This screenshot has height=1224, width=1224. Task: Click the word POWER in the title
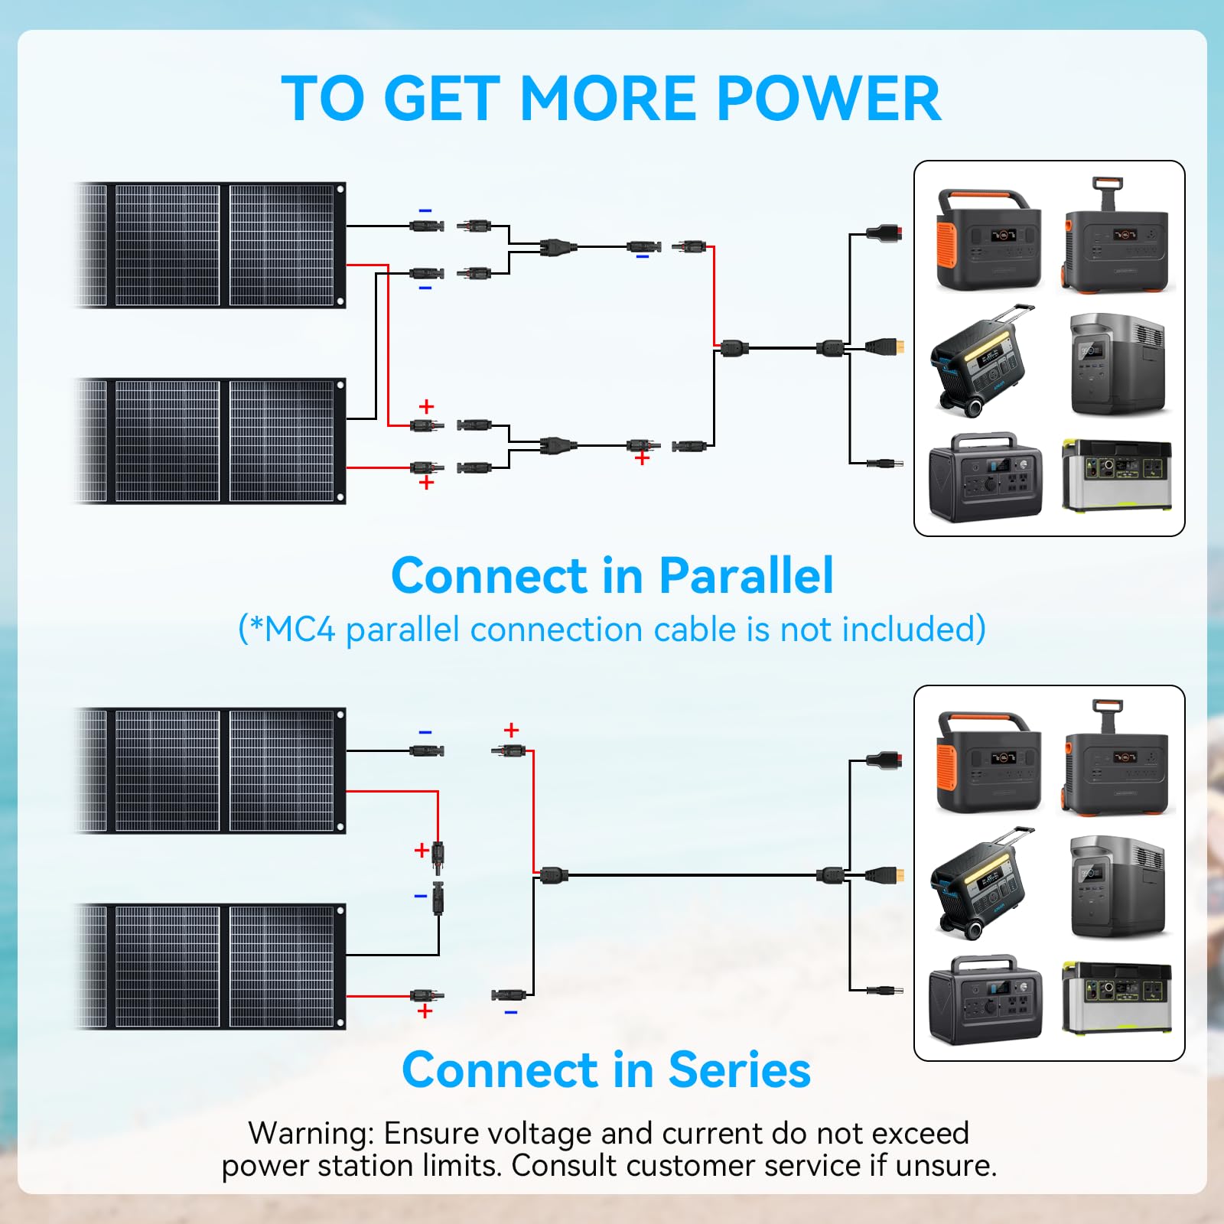[829, 99]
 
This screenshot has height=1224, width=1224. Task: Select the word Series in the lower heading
[739, 1069]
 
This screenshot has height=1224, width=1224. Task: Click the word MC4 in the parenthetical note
[300, 630]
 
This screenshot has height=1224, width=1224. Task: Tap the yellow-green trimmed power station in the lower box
[1116, 998]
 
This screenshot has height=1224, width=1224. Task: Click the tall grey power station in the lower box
[1117, 887]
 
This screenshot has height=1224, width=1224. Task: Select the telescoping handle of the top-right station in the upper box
[1107, 192]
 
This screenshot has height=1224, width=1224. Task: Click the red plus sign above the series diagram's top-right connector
[511, 730]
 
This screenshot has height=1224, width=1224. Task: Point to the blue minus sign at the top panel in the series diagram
[425, 732]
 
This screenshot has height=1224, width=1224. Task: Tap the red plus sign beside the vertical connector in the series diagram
[421, 850]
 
